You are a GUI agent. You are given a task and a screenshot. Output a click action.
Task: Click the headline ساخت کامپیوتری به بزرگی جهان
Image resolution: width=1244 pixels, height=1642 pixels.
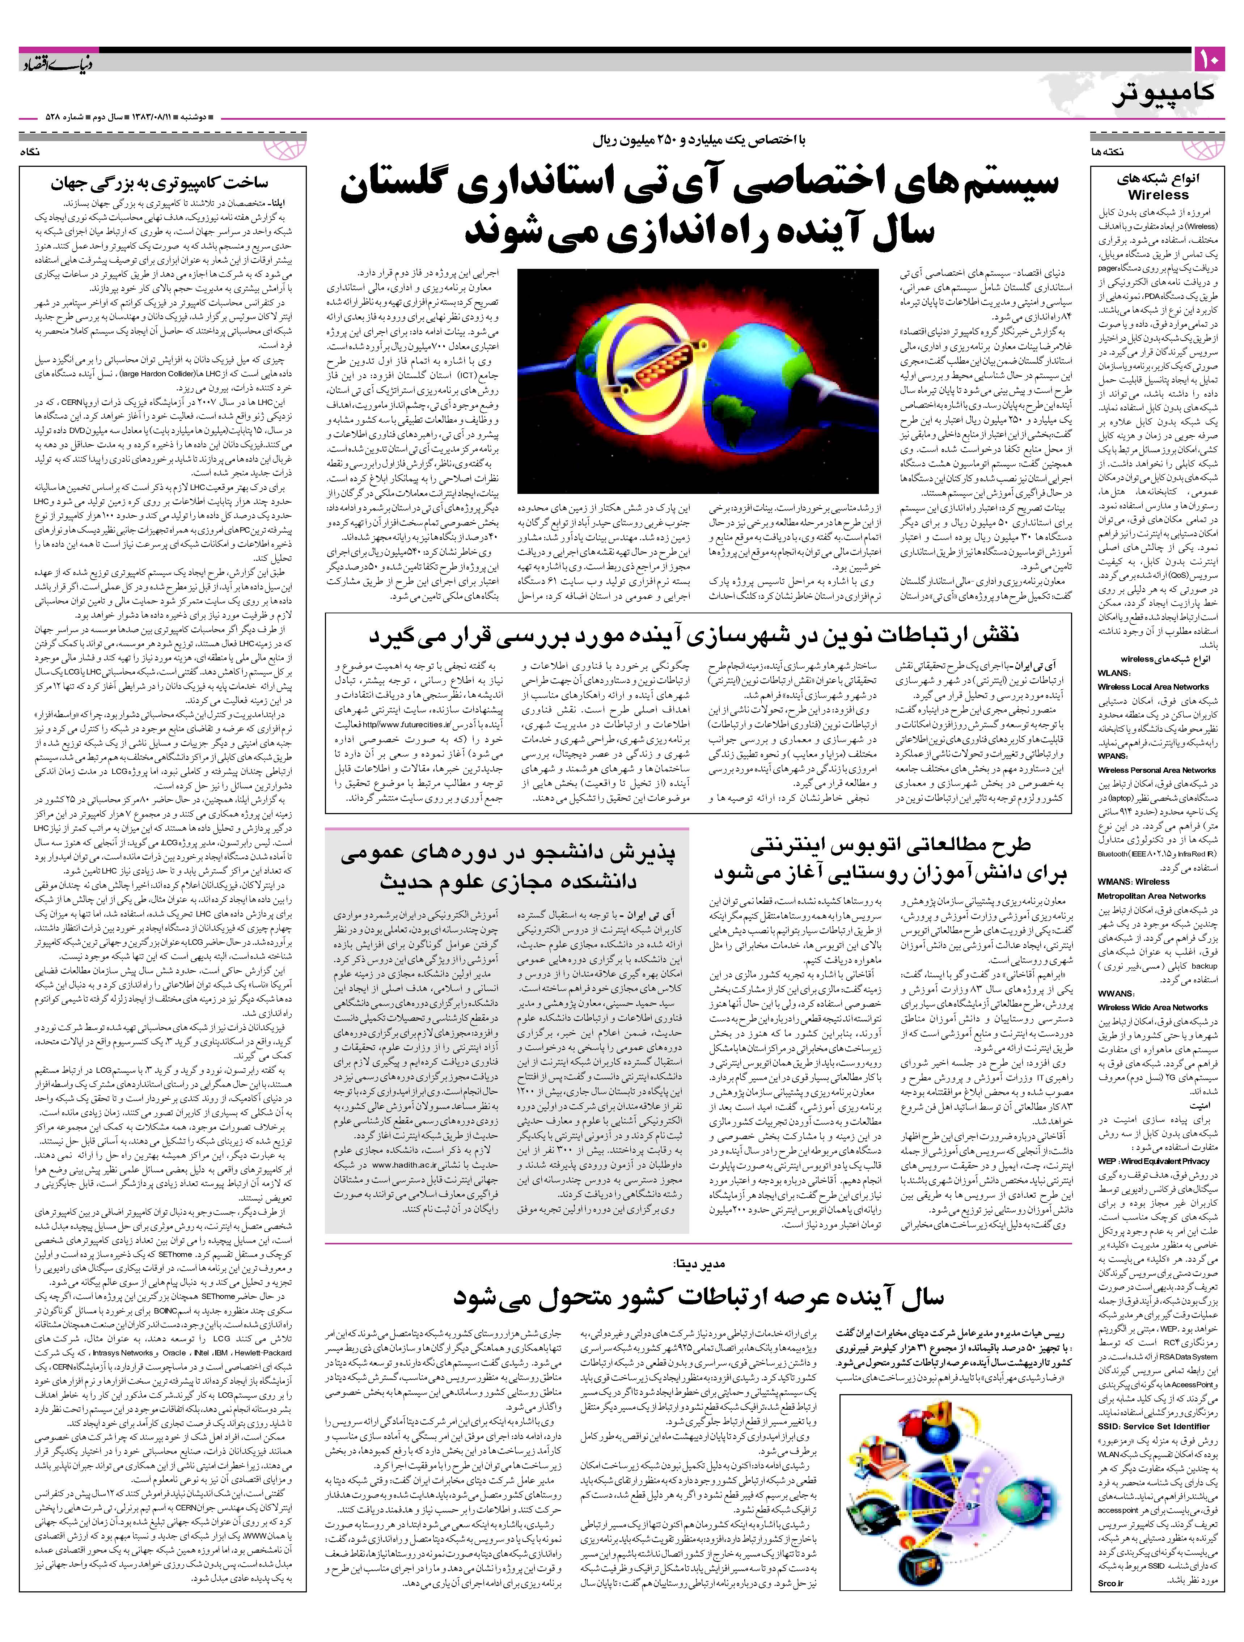pyautogui.click(x=159, y=183)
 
